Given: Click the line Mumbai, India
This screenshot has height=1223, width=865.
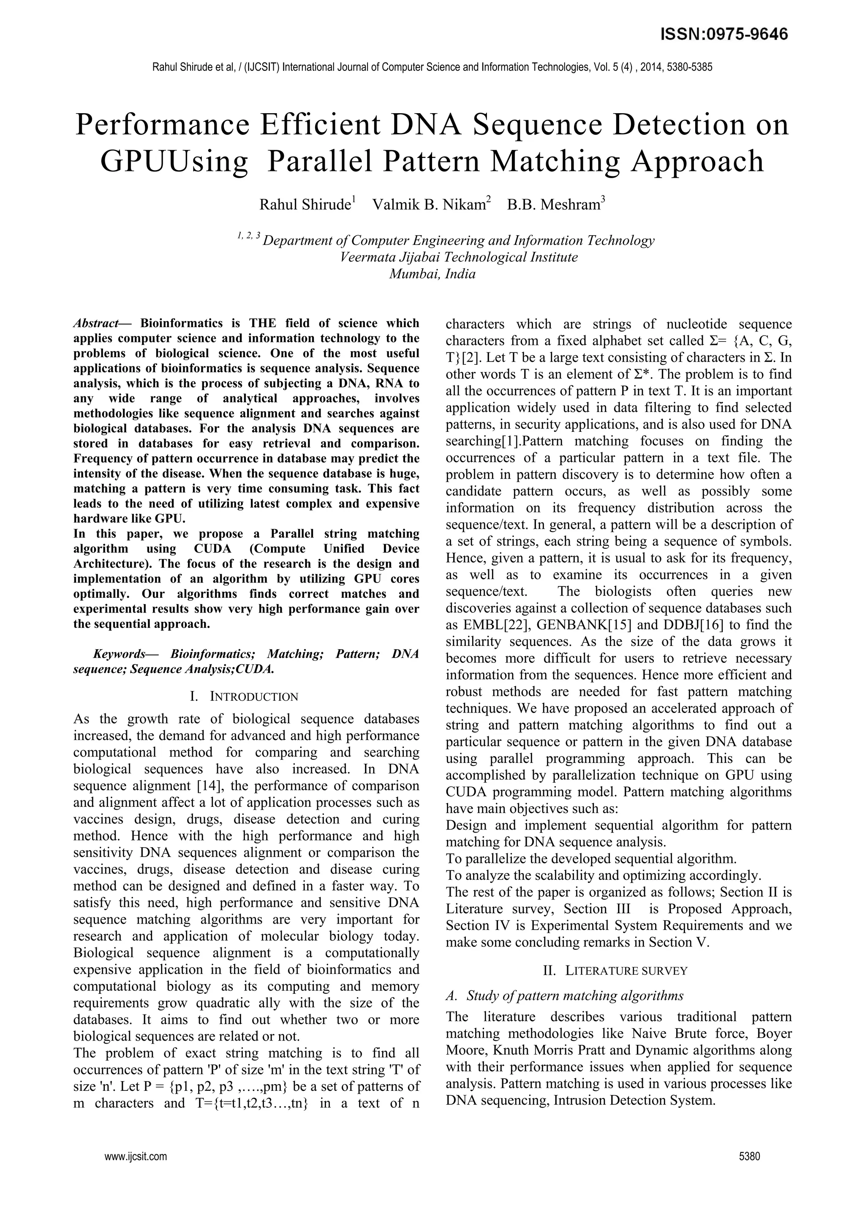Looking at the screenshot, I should [432, 274].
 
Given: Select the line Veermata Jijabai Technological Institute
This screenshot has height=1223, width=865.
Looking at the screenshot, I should [459, 257].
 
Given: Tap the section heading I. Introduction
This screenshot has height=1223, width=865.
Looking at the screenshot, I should [245, 697].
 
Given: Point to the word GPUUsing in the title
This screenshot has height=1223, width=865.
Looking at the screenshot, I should [174, 161].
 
